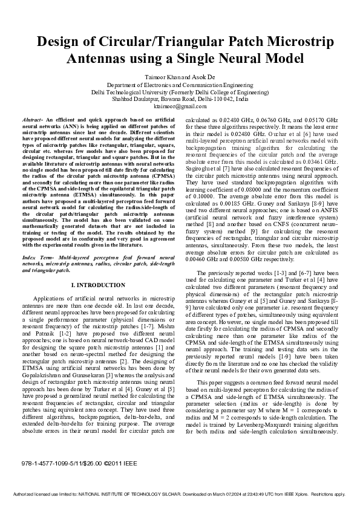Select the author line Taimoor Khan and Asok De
pyautogui.click(x=180, y=78)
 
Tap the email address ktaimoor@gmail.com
pyautogui.click(x=180, y=105)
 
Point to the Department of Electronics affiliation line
pyautogui.click(x=180, y=86)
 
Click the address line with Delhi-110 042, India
pyautogui.click(x=180, y=99)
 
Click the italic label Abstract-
pyautogui.click(x=32, y=121)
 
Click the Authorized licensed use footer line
pyautogui.click(x=180, y=494)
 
